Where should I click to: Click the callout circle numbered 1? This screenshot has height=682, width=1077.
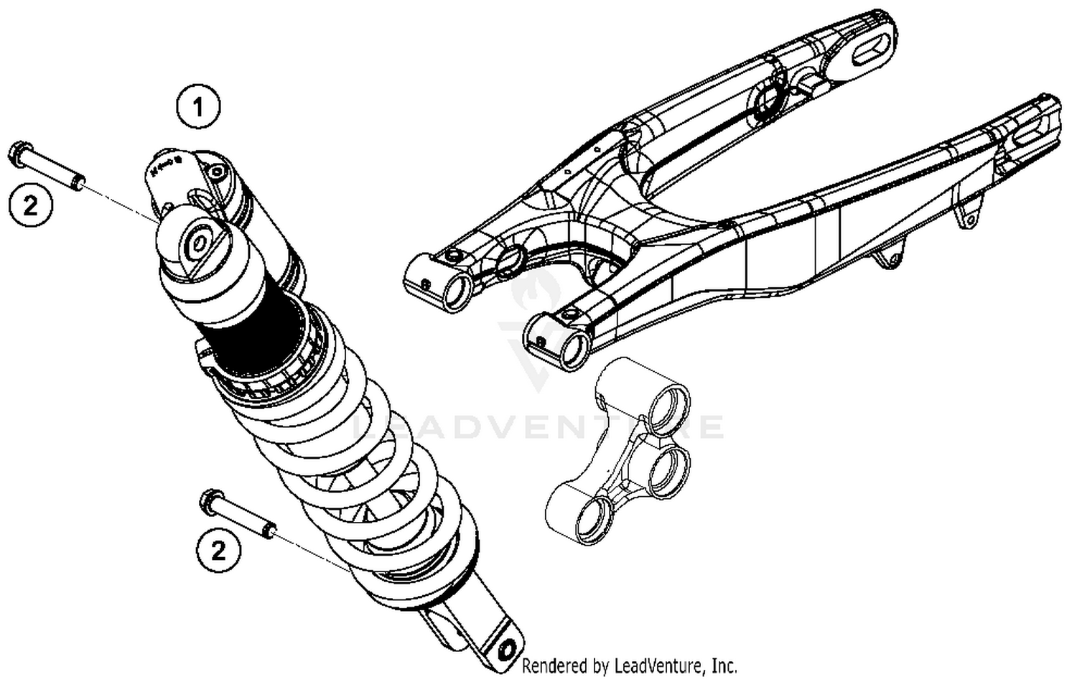pos(198,107)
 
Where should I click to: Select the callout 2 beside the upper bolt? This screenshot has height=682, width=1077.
pos(31,206)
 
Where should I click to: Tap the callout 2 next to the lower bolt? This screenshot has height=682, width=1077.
pos(218,551)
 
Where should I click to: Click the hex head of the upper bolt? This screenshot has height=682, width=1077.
pos(17,154)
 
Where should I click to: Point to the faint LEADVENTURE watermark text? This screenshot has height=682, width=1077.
pos(538,427)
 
